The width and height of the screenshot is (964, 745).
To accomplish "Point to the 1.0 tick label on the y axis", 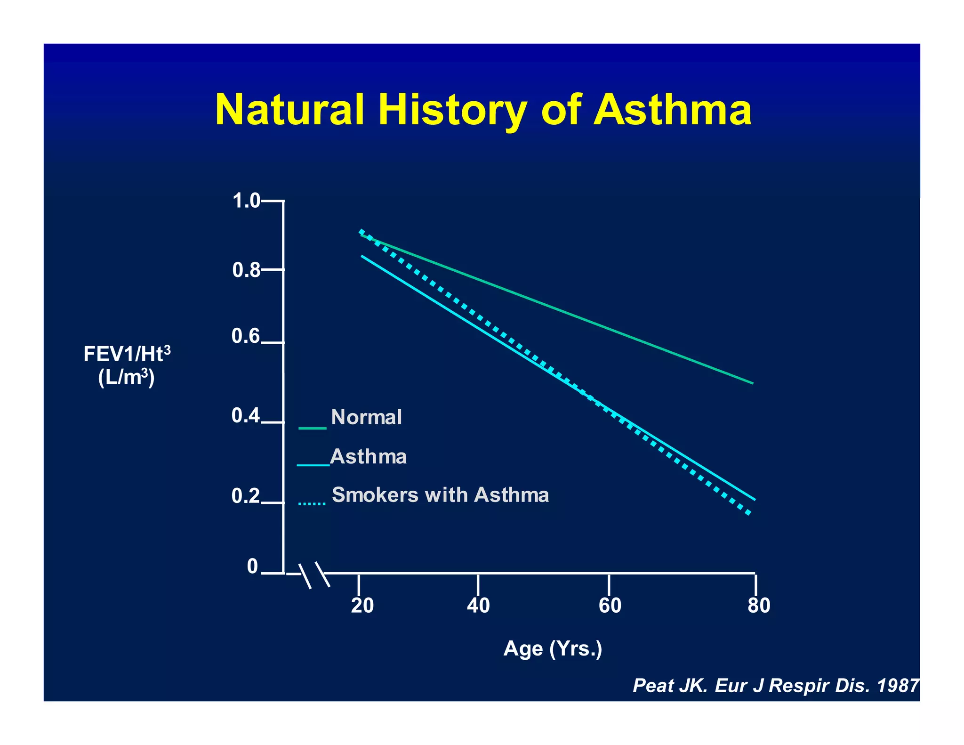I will tap(246, 201).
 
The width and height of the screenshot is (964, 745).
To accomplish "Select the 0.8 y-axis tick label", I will tap(246, 270).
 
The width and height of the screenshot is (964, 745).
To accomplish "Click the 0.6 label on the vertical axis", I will tap(245, 336).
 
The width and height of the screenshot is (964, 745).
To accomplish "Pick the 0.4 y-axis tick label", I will tap(245, 416).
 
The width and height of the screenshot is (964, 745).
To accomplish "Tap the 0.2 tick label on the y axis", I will tap(245, 496).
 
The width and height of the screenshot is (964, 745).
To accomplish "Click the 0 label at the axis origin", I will tap(252, 567).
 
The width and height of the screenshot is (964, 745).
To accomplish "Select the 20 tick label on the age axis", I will tap(362, 606).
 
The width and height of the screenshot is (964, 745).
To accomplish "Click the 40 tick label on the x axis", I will tap(478, 606).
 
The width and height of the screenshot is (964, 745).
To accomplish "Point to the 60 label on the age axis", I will tap(610, 606).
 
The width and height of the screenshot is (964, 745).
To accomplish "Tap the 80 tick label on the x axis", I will tap(759, 606).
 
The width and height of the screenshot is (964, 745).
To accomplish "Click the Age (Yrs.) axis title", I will tap(553, 649).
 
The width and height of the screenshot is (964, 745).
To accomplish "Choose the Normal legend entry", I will tap(366, 417).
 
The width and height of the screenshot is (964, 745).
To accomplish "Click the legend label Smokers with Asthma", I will tap(440, 495).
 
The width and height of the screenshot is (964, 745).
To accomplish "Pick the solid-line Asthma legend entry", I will tap(368, 457).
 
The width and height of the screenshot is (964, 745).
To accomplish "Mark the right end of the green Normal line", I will tap(752, 383).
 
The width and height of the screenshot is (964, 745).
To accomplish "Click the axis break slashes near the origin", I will tap(314, 575).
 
